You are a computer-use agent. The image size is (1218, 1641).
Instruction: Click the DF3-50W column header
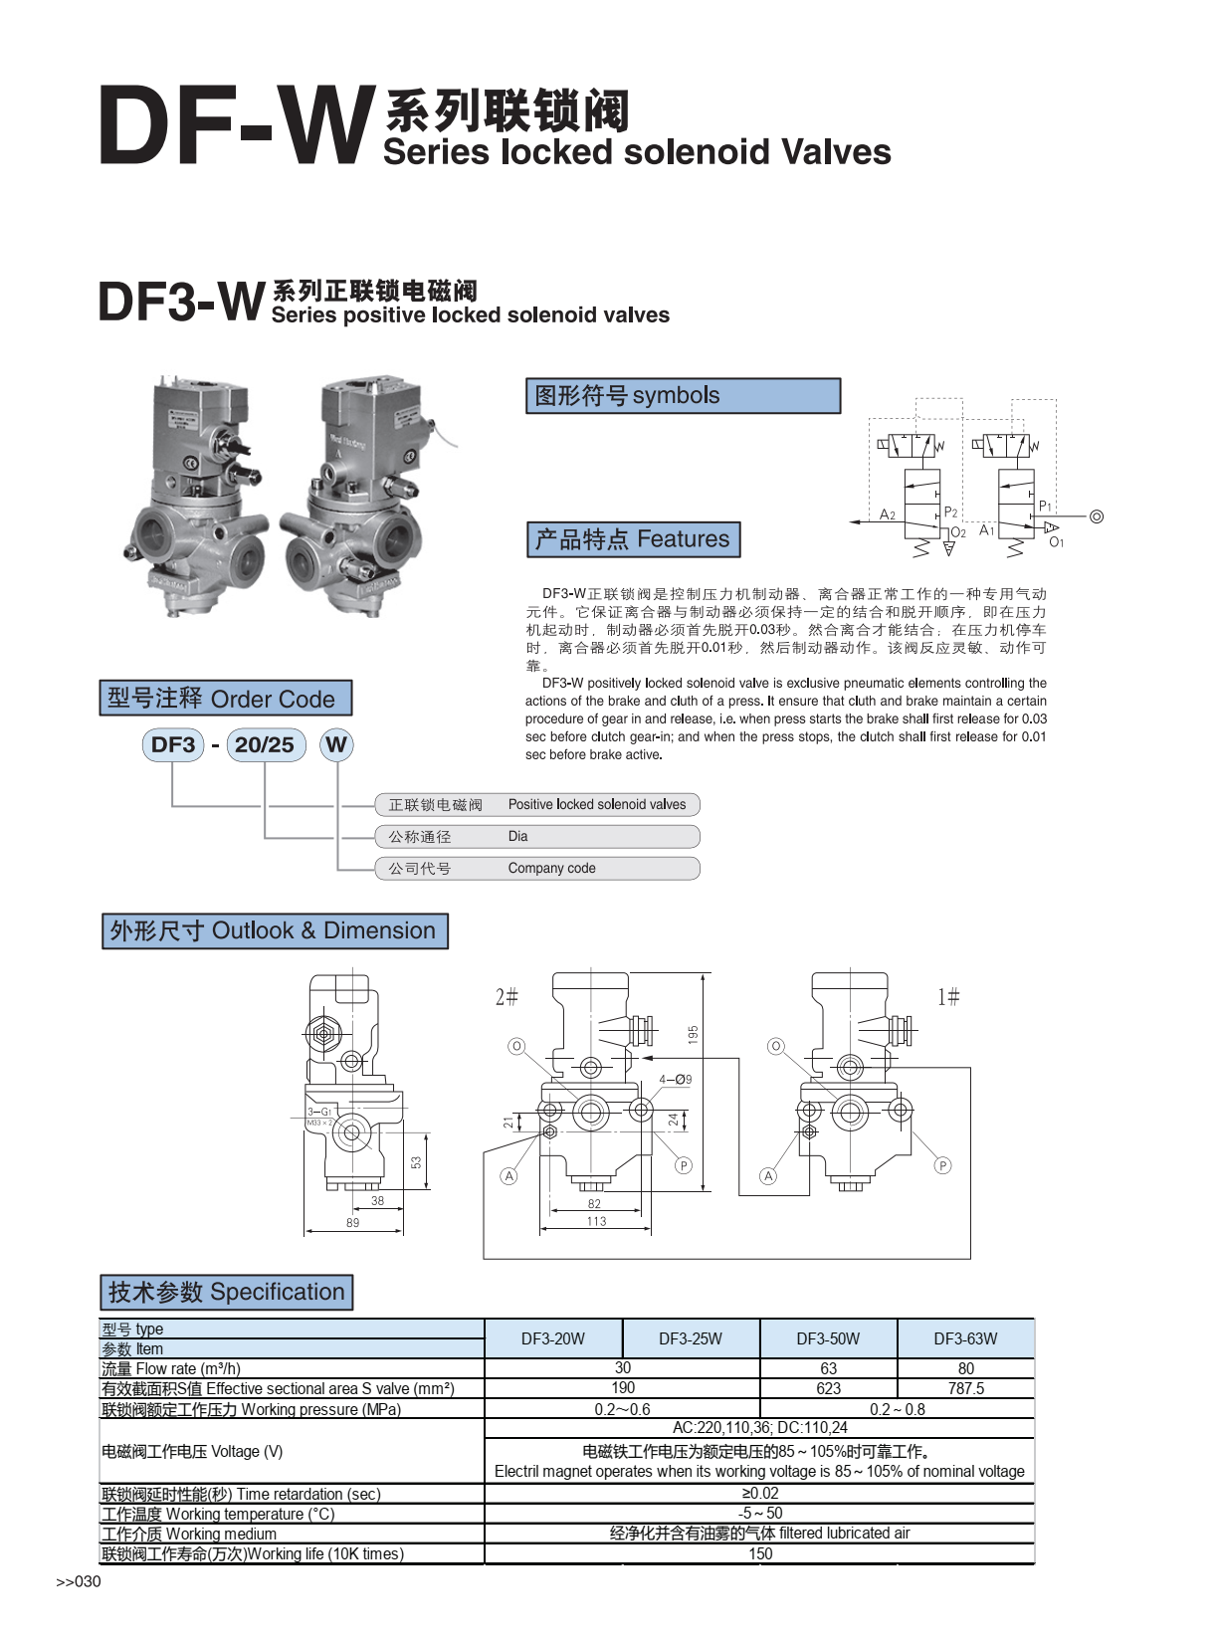[828, 1338]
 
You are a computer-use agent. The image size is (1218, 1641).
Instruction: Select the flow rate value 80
[965, 1368]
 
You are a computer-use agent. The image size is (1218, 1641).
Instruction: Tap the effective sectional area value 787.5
[965, 1388]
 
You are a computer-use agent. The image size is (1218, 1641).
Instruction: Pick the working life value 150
[760, 1553]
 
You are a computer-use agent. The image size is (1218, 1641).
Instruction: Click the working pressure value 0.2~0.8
[897, 1409]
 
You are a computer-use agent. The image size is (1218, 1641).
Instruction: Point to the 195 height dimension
[693, 1035]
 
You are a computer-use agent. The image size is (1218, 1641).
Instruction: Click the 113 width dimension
[596, 1221]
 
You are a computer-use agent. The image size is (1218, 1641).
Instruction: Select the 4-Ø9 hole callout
[675, 1079]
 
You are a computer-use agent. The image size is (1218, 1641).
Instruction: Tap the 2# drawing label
[507, 996]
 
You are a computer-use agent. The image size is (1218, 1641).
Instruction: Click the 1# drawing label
[948, 996]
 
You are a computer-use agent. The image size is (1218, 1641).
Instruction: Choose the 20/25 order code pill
[265, 744]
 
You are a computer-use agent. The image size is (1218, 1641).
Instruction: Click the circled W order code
[336, 744]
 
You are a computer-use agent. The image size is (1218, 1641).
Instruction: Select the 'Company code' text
[551, 868]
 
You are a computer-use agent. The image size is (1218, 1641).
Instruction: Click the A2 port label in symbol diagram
[887, 514]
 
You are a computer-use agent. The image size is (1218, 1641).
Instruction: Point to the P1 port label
[1045, 507]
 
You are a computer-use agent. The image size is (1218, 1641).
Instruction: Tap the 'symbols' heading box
[683, 395]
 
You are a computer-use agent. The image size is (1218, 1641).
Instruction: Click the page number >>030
[79, 1581]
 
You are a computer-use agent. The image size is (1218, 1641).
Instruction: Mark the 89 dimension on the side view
[353, 1222]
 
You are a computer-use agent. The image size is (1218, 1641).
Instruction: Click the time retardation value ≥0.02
[760, 1493]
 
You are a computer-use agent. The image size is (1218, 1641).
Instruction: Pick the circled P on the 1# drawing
[942, 1165]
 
